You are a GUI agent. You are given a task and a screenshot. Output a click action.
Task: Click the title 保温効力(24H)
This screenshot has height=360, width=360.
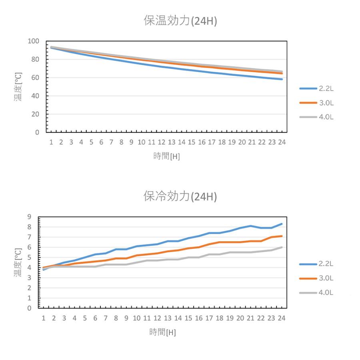pos(180,21)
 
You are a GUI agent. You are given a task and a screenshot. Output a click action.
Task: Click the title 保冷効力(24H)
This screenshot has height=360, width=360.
pos(180,196)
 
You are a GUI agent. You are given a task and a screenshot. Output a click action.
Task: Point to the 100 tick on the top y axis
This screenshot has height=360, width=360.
pos(34,41)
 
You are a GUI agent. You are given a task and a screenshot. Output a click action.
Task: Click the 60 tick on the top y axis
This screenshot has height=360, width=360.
pos(35,78)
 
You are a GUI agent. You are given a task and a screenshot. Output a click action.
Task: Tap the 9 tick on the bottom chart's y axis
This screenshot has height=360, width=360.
pos(29,217)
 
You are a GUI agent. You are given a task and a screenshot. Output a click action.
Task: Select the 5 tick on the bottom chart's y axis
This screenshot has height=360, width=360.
pos(29,258)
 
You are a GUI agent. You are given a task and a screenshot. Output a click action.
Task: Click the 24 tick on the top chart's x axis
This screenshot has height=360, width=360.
pos(282,142)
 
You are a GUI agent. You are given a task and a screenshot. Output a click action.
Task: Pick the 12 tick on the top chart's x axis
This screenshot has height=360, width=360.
pos(162,142)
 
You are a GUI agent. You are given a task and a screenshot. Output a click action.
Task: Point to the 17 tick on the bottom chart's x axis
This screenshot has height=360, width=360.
pos(209,318)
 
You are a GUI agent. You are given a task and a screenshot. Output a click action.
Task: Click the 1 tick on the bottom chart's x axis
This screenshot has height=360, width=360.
pos(43,318)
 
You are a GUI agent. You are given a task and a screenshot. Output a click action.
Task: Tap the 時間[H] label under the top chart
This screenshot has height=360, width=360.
pos(166,156)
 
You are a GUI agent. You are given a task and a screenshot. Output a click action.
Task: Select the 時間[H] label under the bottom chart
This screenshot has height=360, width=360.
pos(162,332)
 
